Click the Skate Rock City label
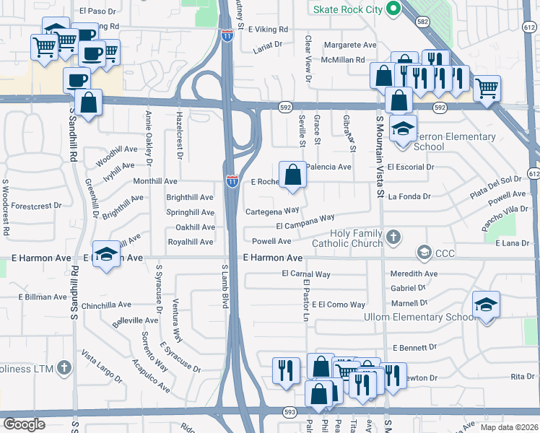click(341, 9)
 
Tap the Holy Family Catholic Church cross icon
click(393, 236)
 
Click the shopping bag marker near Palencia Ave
click(292, 175)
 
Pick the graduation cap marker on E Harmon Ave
click(107, 255)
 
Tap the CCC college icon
click(424, 253)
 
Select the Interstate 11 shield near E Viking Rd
click(227, 35)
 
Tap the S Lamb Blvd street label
click(225, 287)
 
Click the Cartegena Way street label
click(272, 211)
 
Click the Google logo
click(24, 424)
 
